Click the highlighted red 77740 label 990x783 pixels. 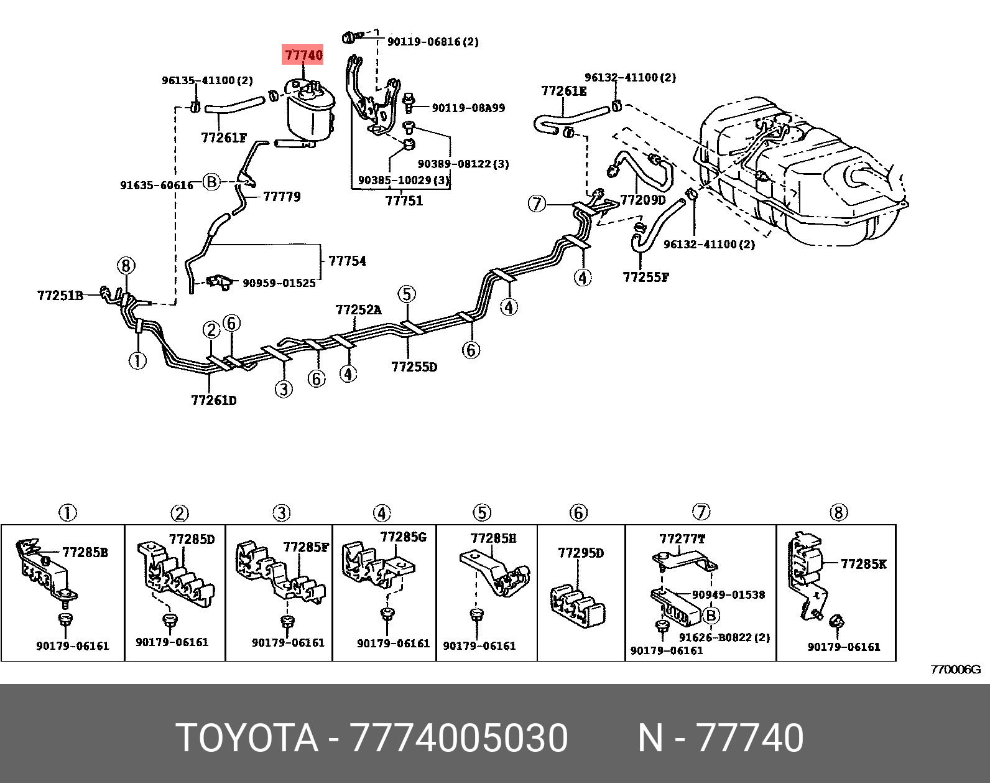pyautogui.click(x=303, y=55)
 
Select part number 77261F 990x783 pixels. pyautogui.click(x=224, y=138)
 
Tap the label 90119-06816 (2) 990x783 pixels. pyautogui.click(x=433, y=42)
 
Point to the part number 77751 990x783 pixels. pyautogui.click(x=404, y=200)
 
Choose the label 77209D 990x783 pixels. pyautogui.click(x=644, y=200)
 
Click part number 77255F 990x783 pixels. pyautogui.click(x=646, y=277)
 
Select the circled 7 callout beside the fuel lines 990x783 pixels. pyautogui.click(x=537, y=204)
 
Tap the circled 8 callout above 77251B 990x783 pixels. pyautogui.click(x=126, y=266)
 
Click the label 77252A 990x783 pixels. pyautogui.click(x=359, y=309)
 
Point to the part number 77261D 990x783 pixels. pyautogui.click(x=214, y=400)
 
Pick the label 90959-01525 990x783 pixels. pyautogui.click(x=279, y=283)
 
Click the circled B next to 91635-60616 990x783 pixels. pyautogui.click(x=212, y=182)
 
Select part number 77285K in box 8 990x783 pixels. pyautogui.click(x=864, y=564)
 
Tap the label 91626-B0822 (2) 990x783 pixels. pyautogui.click(x=724, y=637)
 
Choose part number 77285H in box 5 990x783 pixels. pyautogui.click(x=494, y=538)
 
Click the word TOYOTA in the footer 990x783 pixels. pyautogui.click(x=247, y=738)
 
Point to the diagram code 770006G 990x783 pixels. pyautogui.click(x=955, y=670)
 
